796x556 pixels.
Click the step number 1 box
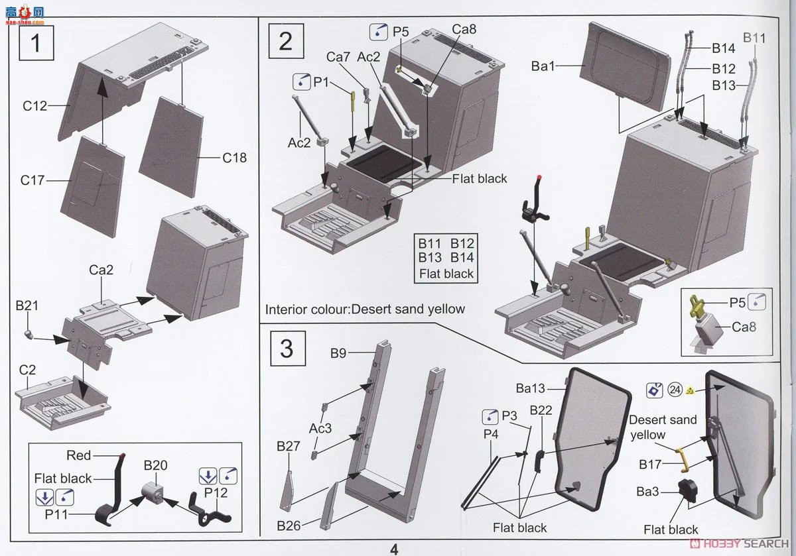click(x=35, y=43)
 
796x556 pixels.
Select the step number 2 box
click(x=286, y=41)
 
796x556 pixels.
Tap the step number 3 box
click(x=286, y=348)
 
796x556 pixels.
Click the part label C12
click(x=34, y=105)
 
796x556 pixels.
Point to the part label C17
click(x=33, y=180)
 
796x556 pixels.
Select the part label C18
click(x=233, y=158)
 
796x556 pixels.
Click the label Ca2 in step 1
click(x=101, y=270)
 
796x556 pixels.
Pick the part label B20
click(x=155, y=465)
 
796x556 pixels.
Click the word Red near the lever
click(x=79, y=455)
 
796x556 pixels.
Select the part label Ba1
click(x=544, y=66)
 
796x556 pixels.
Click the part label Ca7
click(x=338, y=58)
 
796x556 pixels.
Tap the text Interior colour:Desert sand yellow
click(x=365, y=309)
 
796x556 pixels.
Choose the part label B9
click(x=338, y=354)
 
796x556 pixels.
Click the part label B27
click(x=289, y=447)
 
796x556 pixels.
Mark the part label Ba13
click(x=531, y=388)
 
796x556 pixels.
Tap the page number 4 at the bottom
click(x=394, y=549)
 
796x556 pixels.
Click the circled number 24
click(x=675, y=390)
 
